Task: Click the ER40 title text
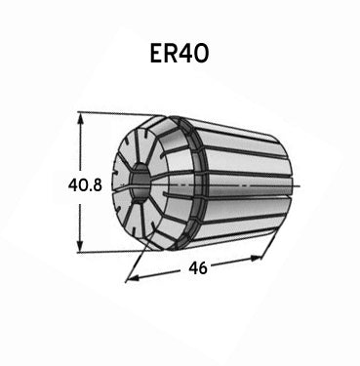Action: click(179, 54)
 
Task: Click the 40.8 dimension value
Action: click(85, 185)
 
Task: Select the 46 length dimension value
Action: click(198, 268)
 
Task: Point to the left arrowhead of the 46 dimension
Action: click(134, 277)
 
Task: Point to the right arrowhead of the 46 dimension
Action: click(256, 259)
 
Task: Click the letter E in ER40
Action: click(156, 54)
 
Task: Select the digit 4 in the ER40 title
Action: click(185, 54)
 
